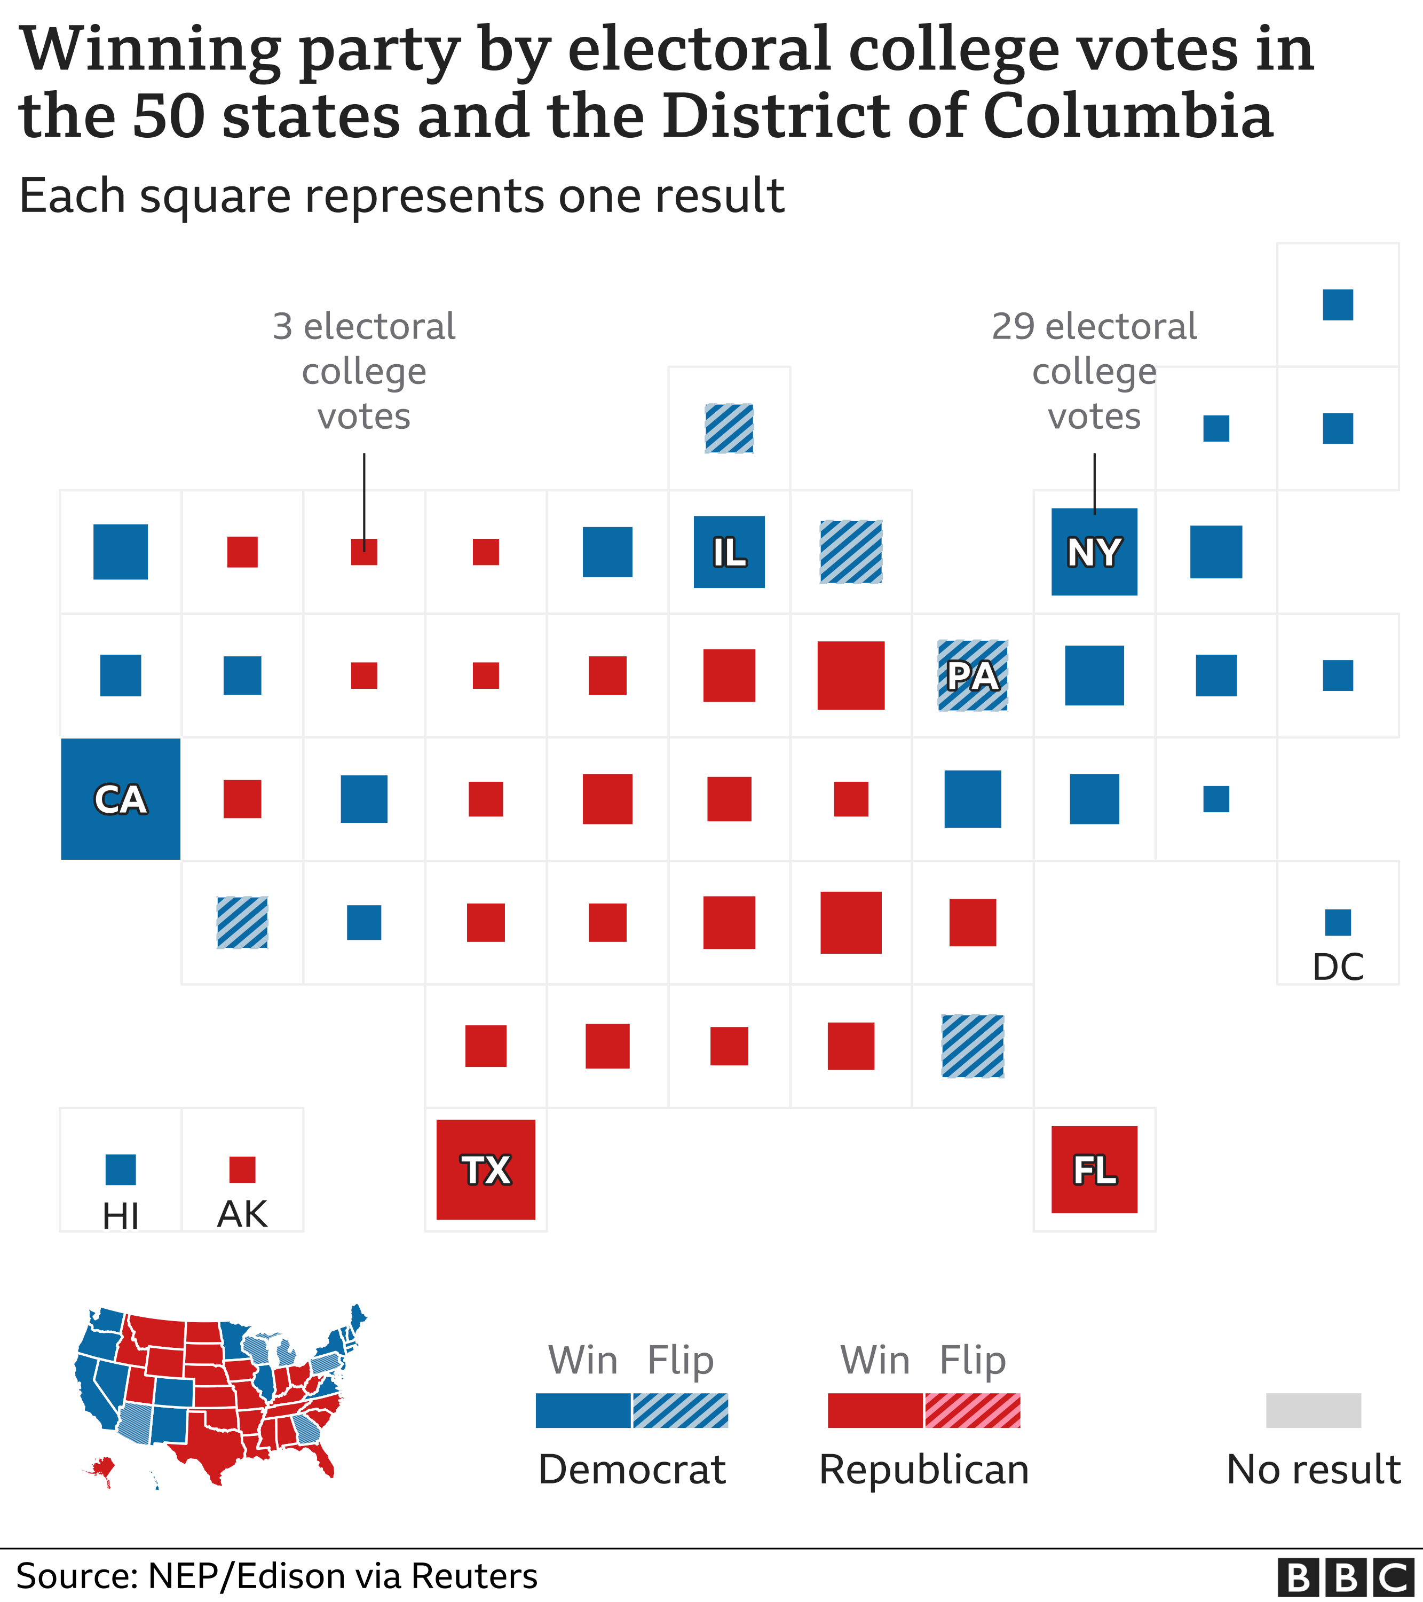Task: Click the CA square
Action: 121,799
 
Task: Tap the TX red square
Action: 486,1169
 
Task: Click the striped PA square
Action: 973,676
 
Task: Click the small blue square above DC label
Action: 1338,922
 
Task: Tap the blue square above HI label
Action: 121,1169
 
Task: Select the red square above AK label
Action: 242,1169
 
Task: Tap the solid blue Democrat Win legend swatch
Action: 583,1411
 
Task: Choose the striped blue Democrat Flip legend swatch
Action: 680,1411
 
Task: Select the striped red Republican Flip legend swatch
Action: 973,1411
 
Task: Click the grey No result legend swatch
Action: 1313,1411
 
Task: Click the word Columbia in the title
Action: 1128,116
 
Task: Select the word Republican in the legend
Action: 924,1470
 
